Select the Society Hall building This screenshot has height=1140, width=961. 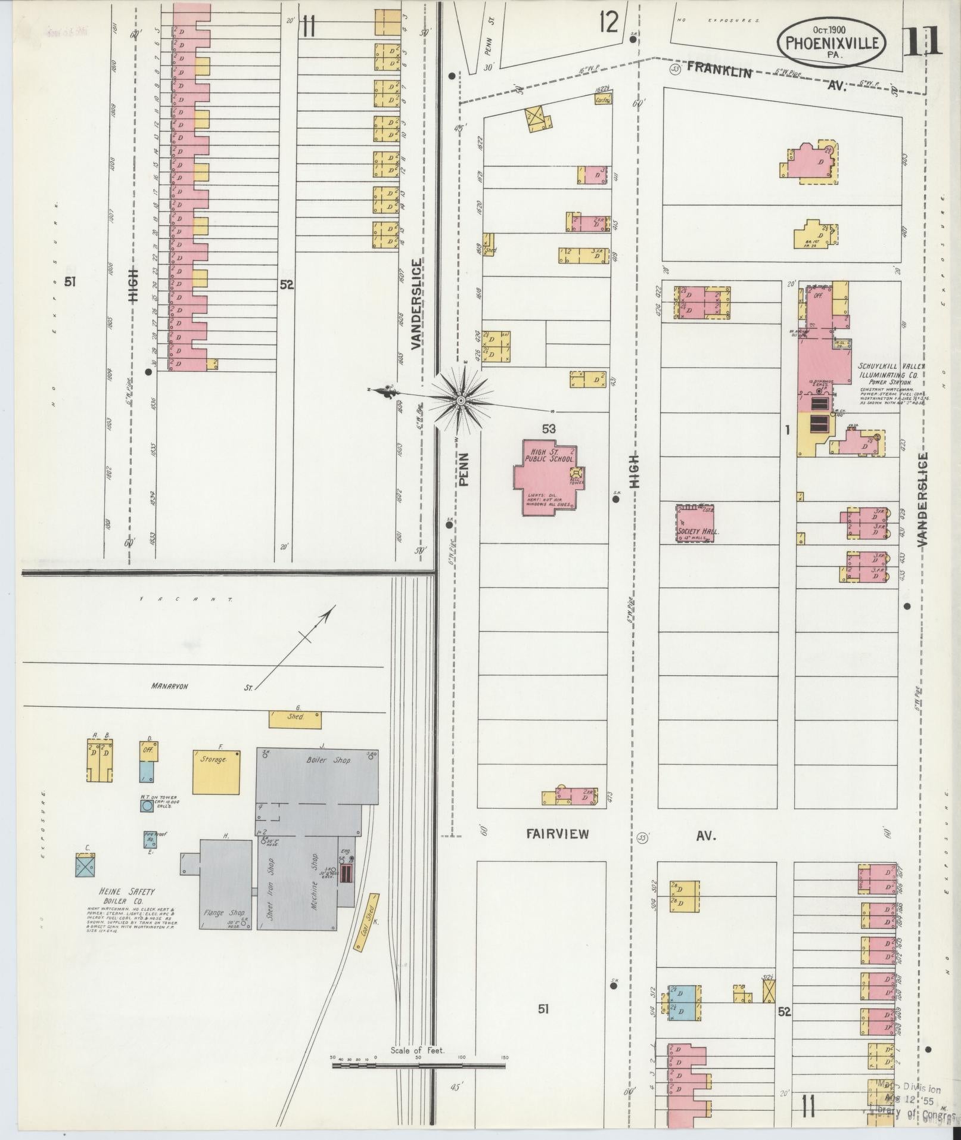coord(695,524)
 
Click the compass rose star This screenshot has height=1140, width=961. coord(461,400)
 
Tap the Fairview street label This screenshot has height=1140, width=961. coord(557,834)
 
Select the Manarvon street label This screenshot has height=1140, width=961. coord(169,686)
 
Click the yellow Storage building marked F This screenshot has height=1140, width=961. coord(216,772)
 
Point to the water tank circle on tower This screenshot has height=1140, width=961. coord(147,806)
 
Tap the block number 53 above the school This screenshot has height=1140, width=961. coord(549,428)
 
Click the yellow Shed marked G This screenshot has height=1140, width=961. coord(295,719)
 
